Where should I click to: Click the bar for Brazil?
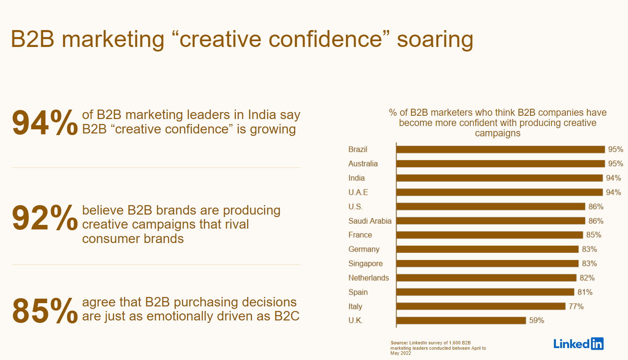pyautogui.click(x=500, y=150)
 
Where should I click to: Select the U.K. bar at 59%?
pyautogui.click(x=461, y=320)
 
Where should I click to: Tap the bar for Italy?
pyautogui.click(x=481, y=306)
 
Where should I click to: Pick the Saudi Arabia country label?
pyautogui.click(x=370, y=221)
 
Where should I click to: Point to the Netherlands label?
pyautogui.click(x=369, y=278)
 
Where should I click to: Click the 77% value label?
pyautogui.click(x=576, y=306)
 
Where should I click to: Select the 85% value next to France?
pyautogui.click(x=594, y=235)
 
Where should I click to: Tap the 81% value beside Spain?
pyautogui.click(x=585, y=292)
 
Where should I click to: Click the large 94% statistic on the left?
pyautogui.click(x=45, y=122)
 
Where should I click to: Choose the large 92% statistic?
pyautogui.click(x=45, y=218)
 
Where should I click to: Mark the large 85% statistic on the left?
pyautogui.click(x=45, y=311)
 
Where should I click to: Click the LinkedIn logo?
pyautogui.click(x=578, y=344)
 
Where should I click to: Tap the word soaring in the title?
pyautogui.click(x=435, y=40)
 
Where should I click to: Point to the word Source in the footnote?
pyautogui.click(x=399, y=343)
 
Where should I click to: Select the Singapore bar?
pyautogui.click(x=487, y=264)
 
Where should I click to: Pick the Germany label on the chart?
pyautogui.click(x=364, y=250)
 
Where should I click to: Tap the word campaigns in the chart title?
pyautogui.click(x=497, y=133)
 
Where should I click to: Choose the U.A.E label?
pyautogui.click(x=358, y=192)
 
